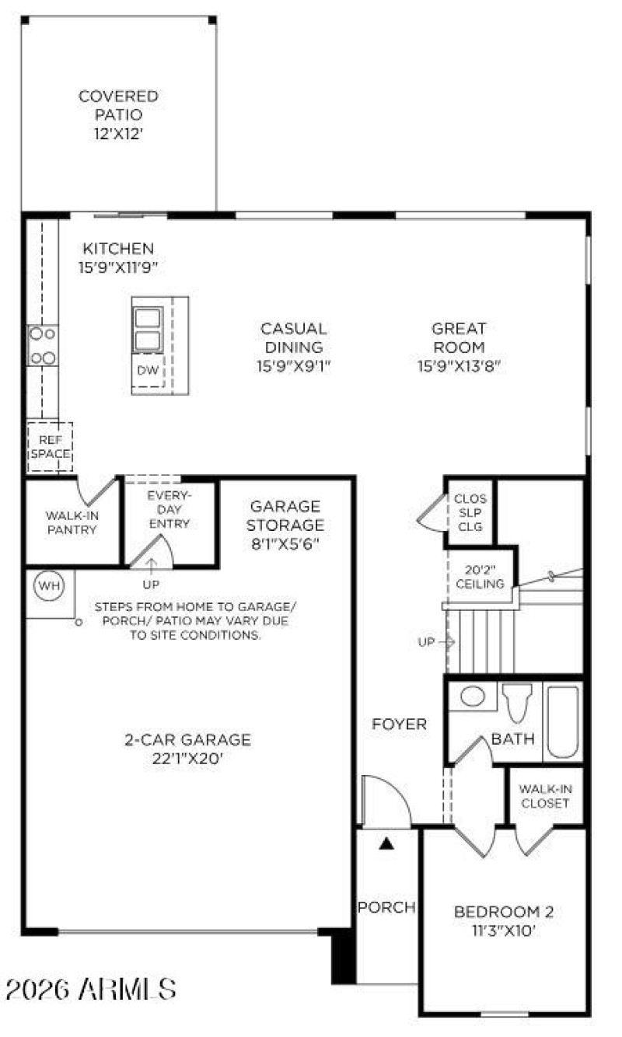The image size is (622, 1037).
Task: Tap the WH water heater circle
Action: (49, 584)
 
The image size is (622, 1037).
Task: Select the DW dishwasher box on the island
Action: (148, 371)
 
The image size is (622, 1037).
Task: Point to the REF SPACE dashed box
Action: (50, 447)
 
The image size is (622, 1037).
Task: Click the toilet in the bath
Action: (516, 703)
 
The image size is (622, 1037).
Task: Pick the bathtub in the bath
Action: (562, 721)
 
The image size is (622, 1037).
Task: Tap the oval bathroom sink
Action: (473, 696)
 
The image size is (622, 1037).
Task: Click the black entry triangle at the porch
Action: (386, 842)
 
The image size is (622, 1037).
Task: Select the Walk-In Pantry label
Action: (71, 522)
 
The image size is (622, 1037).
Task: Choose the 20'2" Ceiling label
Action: (479, 576)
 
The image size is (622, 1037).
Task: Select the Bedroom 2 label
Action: (504, 911)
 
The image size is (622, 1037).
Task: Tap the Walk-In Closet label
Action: (544, 796)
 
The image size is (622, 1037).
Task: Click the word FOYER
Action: (400, 725)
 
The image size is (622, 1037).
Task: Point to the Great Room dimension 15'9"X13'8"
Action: (457, 365)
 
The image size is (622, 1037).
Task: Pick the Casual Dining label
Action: (293, 337)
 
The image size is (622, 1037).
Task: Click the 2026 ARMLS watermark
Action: (91, 990)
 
